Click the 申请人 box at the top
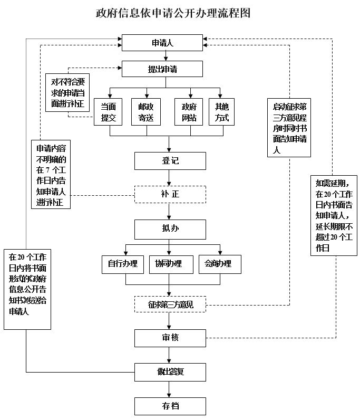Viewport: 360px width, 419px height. (x=162, y=43)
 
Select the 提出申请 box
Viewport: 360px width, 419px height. (x=162, y=69)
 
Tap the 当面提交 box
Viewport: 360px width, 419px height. (x=108, y=111)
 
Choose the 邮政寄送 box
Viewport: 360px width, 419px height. (x=145, y=111)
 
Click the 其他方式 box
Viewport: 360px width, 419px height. (x=221, y=111)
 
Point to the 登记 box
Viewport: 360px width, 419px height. (x=170, y=161)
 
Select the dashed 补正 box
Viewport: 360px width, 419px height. (x=170, y=194)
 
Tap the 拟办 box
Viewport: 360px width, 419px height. (x=170, y=229)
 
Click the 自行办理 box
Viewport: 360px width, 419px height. (x=122, y=264)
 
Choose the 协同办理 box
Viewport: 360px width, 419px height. (x=169, y=264)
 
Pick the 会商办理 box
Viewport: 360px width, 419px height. (x=219, y=264)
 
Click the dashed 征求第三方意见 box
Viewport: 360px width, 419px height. (x=170, y=304)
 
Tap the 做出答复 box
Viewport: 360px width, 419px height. (x=170, y=372)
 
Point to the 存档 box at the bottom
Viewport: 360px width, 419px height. (x=170, y=406)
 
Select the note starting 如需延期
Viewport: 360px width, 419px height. (x=334, y=215)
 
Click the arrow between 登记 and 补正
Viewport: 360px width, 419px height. (x=170, y=178)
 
